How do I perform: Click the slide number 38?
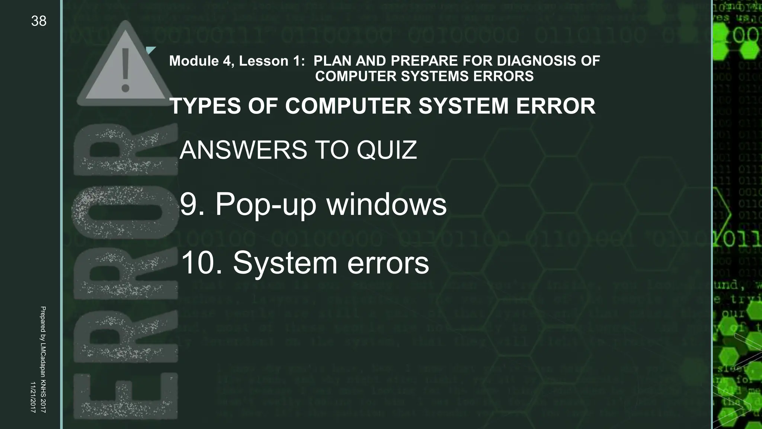[39, 21]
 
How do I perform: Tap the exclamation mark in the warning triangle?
[125, 69]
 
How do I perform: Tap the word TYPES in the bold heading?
[205, 106]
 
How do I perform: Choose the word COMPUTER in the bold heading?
[348, 106]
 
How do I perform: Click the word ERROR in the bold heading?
[555, 106]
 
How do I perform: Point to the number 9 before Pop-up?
[188, 204]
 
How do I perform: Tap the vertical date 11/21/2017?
[33, 397]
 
